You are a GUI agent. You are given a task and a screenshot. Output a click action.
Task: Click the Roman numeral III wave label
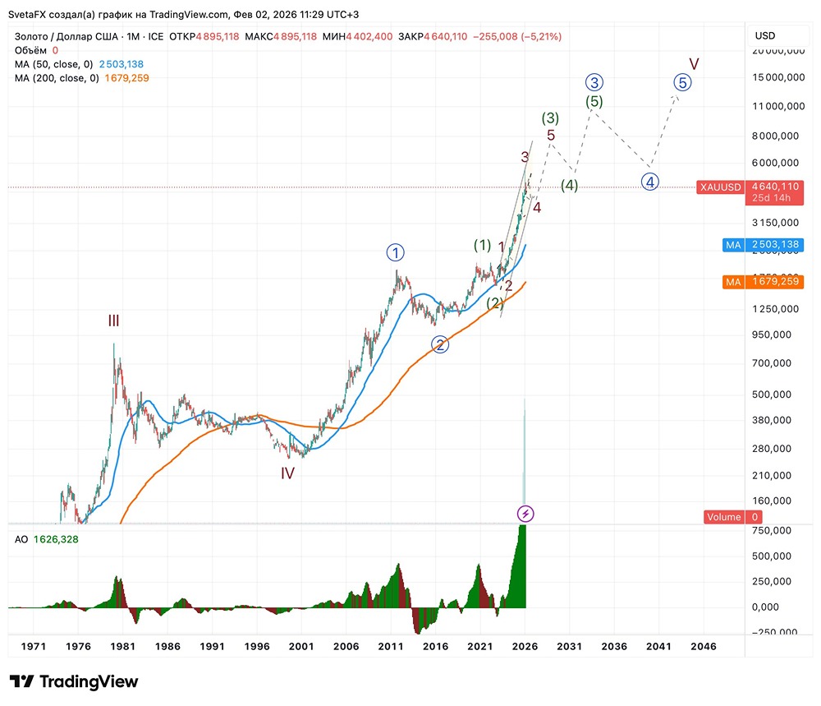113,321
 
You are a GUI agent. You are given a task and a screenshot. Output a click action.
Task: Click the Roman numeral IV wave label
287,473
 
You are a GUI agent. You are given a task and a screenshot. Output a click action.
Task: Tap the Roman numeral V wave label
694,63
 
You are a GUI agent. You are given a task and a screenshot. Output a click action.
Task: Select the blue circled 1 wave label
397,252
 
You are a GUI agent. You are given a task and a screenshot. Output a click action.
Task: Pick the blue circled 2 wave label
441,345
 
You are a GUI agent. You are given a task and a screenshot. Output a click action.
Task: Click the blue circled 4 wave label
649,182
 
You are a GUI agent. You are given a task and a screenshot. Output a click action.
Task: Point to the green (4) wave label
569,186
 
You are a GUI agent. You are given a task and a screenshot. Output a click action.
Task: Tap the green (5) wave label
594,101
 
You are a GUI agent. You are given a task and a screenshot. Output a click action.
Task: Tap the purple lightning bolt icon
525,515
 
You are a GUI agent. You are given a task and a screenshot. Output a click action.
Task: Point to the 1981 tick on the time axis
123,647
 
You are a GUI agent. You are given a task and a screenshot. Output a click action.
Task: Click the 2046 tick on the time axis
703,647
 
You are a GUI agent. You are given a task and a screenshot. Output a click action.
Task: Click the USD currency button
764,35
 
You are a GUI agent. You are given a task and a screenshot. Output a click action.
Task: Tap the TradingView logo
74,681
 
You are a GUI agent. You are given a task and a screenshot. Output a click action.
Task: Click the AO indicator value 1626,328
56,539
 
